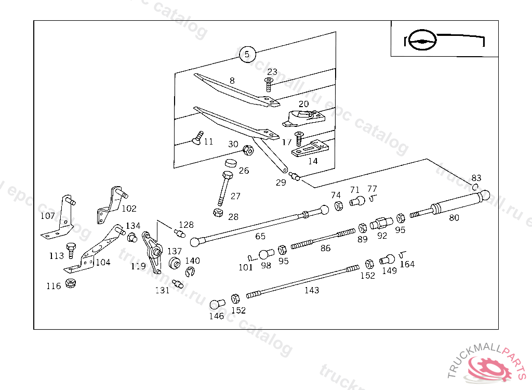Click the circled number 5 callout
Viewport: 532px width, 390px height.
click(x=247, y=54)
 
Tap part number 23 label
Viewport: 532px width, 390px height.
click(x=272, y=72)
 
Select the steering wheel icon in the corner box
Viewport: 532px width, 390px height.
click(x=420, y=41)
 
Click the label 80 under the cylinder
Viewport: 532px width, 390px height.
click(x=454, y=218)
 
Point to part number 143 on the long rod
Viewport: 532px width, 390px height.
click(x=312, y=290)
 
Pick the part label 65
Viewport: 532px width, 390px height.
click(x=260, y=236)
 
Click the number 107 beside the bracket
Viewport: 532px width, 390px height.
click(x=47, y=215)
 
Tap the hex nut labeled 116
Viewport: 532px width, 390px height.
click(x=72, y=284)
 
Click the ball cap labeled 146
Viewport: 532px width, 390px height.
click(x=216, y=304)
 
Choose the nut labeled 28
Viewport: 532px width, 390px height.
click(x=219, y=212)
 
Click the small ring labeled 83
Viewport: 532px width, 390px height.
click(x=475, y=187)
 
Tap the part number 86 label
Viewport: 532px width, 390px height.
click(x=325, y=248)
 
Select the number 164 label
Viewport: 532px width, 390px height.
click(x=407, y=264)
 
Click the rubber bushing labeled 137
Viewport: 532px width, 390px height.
click(x=175, y=263)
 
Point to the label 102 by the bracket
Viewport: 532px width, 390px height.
click(x=129, y=209)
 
